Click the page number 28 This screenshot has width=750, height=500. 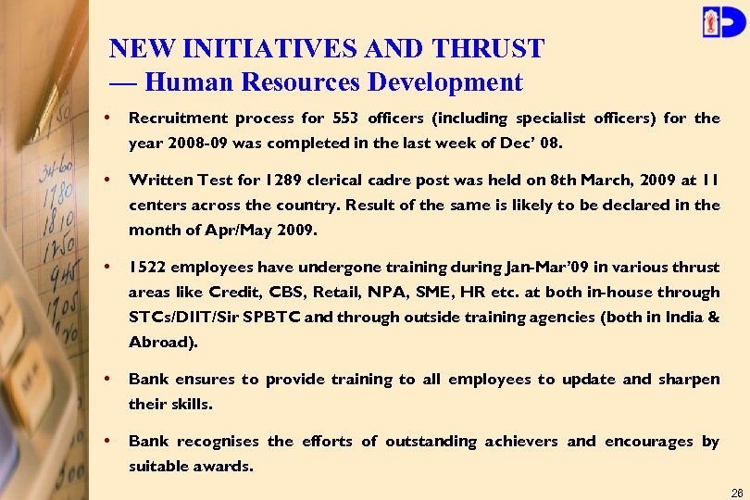pos(737,492)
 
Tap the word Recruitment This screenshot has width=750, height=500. pos(177,118)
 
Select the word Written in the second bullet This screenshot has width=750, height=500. pos(157,180)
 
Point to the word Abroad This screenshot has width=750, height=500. pos(159,342)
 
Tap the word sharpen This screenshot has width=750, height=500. pos(690,379)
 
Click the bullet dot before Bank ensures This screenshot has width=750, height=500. pos(110,380)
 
